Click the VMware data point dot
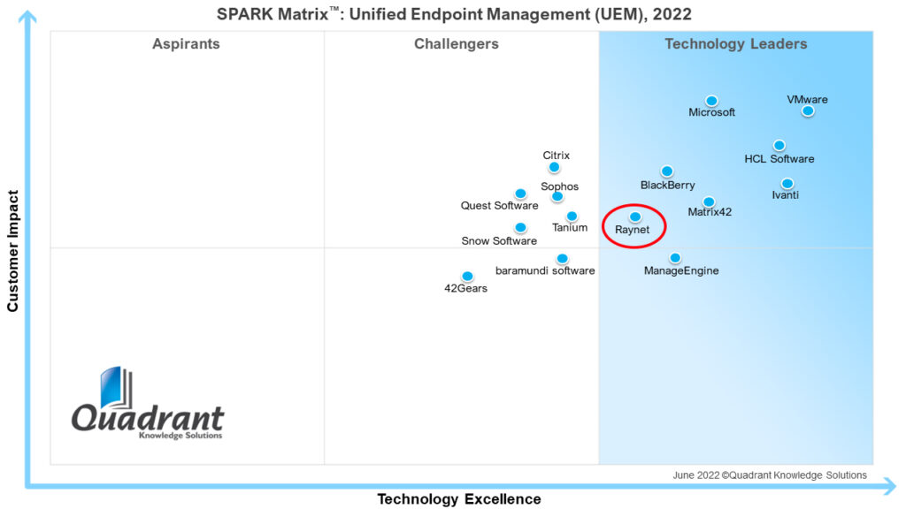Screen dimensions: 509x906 pos(807,110)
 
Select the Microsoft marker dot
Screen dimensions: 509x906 pos(711,101)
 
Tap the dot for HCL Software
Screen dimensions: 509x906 pos(779,146)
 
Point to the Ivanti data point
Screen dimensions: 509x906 pos(787,184)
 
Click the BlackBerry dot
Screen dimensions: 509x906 pos(667,171)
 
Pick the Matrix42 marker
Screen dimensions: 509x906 pos(709,201)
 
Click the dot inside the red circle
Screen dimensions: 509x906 pos(634,217)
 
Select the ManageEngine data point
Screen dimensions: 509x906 pos(675,258)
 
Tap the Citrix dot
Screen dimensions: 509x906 pos(554,167)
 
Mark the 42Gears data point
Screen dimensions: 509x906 pos(467,277)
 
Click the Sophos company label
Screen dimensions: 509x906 pos(559,186)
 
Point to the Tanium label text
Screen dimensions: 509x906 pos(570,228)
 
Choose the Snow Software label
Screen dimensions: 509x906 pos(499,241)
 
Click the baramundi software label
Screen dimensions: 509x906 pos(545,270)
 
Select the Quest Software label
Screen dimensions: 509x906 pos(499,206)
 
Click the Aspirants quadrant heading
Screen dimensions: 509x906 pos(186,44)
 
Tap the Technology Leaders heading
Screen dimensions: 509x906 pos(735,44)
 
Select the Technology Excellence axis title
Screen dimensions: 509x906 pos(459,499)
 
